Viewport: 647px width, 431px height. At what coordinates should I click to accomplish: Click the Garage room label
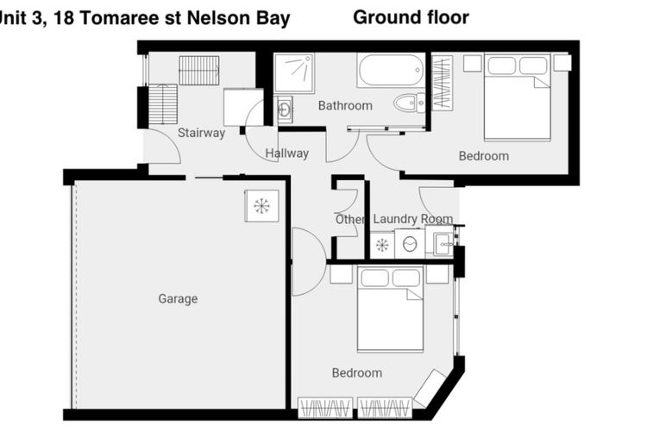click(178, 298)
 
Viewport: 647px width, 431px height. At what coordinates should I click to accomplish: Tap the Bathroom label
click(345, 105)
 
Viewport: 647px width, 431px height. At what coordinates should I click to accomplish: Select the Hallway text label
click(286, 153)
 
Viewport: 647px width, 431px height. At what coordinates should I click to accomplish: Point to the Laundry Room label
click(413, 219)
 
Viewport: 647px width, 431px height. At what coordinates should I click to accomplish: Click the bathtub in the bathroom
click(391, 70)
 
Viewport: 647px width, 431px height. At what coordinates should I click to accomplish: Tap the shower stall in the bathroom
click(294, 73)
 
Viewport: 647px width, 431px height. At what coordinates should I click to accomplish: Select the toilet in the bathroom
click(409, 103)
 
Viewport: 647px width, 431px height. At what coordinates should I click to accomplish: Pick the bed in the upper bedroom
click(518, 97)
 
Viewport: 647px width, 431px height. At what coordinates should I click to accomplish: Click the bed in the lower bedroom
click(390, 309)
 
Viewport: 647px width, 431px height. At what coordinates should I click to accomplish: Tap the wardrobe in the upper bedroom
click(442, 83)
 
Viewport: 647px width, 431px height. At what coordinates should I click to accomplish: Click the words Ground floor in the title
click(411, 17)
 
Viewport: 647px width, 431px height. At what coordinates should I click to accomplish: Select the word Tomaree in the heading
click(118, 18)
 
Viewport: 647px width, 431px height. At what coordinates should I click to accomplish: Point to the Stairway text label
click(201, 133)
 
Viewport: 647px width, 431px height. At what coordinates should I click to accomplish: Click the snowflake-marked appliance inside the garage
click(261, 206)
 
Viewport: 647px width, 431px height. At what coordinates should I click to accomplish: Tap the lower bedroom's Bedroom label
click(357, 373)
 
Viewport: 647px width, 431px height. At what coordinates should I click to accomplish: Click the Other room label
click(349, 220)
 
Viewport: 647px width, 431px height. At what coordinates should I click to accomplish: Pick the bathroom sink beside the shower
click(285, 109)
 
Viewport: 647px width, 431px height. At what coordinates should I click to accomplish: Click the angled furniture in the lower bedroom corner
click(430, 388)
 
